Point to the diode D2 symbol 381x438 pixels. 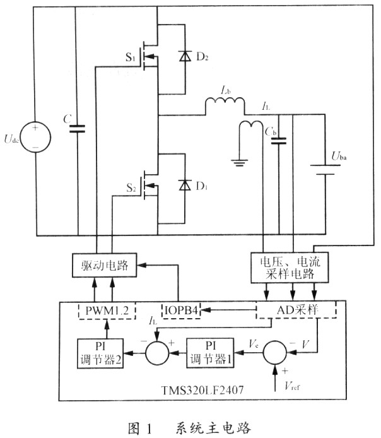click(184, 56)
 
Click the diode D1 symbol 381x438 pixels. click(184, 185)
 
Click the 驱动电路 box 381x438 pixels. click(103, 266)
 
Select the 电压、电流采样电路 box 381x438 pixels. click(293, 268)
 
